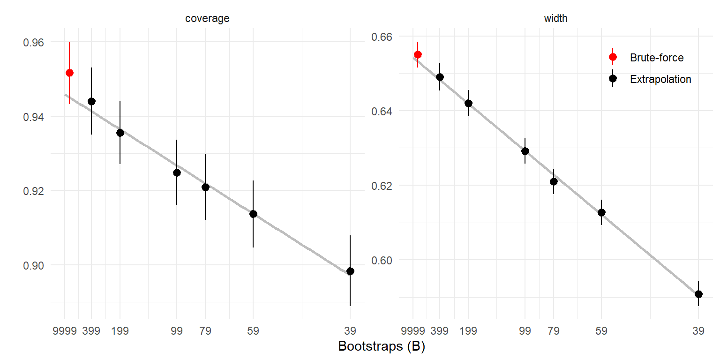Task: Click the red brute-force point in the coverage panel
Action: (69, 73)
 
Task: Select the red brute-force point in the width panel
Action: (418, 54)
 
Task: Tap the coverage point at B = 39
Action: (350, 271)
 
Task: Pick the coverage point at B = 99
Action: (177, 172)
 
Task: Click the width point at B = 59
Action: (601, 212)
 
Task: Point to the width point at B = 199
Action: (468, 103)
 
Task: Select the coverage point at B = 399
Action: (91, 101)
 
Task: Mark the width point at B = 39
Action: (698, 294)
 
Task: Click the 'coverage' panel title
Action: (207, 19)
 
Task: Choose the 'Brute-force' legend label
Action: (657, 58)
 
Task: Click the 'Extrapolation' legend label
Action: (660, 79)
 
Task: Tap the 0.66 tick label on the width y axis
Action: (382, 37)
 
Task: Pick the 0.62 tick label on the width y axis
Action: (382, 186)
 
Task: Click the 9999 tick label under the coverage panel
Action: (65, 331)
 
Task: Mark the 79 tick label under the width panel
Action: (554, 331)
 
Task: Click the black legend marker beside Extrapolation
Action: (613, 79)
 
